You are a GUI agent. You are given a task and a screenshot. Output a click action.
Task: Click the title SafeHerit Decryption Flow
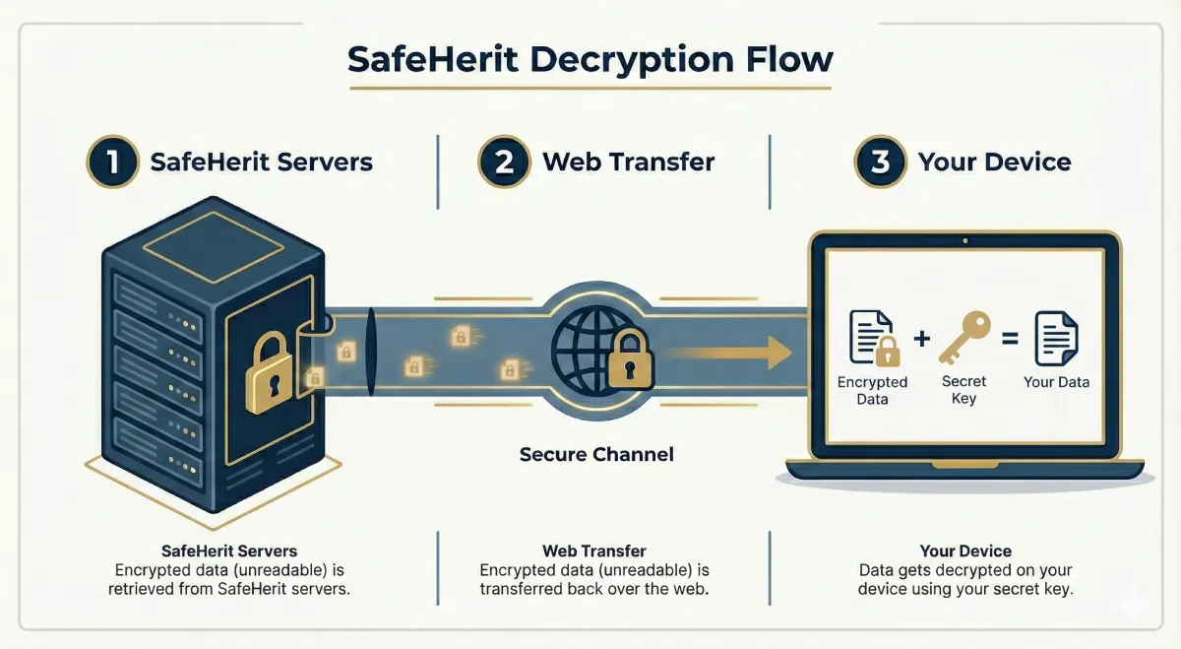click(x=590, y=59)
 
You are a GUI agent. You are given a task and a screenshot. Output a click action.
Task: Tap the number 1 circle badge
click(x=114, y=162)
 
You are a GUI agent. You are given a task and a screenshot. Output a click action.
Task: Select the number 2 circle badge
click(x=504, y=162)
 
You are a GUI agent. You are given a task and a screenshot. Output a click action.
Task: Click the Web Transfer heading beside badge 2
click(x=628, y=162)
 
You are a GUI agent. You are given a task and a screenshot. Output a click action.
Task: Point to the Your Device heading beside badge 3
click(x=994, y=162)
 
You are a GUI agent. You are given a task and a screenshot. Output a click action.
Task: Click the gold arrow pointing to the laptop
click(x=728, y=352)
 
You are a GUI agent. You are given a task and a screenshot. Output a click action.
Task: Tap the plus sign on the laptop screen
click(x=921, y=339)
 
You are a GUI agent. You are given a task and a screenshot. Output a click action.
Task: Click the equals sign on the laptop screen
click(x=1008, y=339)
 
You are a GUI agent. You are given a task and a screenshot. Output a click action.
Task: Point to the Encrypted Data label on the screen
click(x=872, y=390)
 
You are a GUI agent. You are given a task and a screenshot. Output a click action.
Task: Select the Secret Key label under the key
click(x=963, y=390)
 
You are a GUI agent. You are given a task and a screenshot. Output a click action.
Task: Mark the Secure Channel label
click(x=596, y=455)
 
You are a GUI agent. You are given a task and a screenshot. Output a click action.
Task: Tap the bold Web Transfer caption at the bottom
click(x=593, y=551)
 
